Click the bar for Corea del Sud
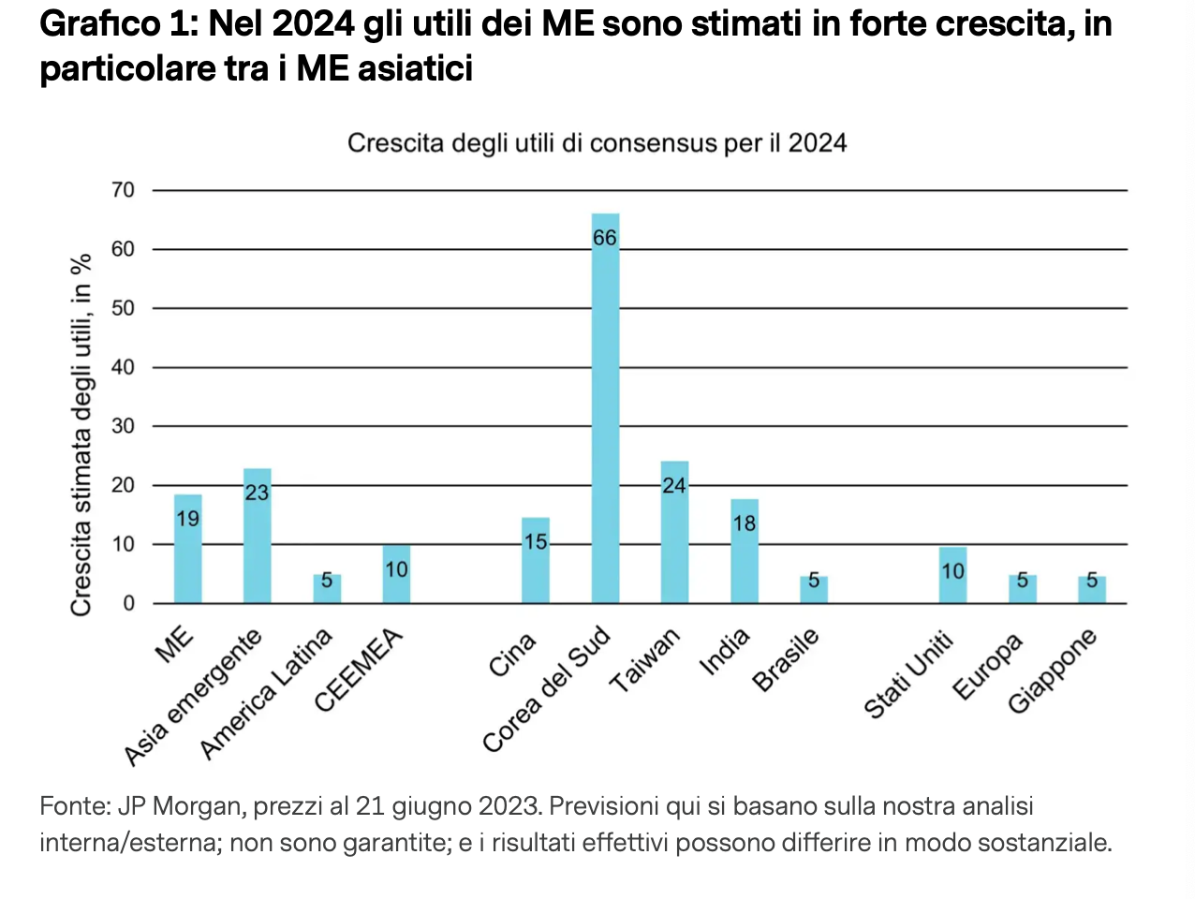tap(605, 412)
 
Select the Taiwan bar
tap(674, 534)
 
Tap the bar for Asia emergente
tap(257, 538)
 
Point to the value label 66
tap(605, 238)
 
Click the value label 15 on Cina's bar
tap(536, 542)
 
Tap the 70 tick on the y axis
tap(123, 190)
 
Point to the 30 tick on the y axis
tap(123, 426)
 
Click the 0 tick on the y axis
tap(129, 603)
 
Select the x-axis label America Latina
tap(267, 693)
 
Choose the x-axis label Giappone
tap(1052, 671)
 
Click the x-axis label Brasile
tap(786, 659)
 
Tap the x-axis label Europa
tap(987, 667)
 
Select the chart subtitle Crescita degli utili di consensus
tap(597, 143)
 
